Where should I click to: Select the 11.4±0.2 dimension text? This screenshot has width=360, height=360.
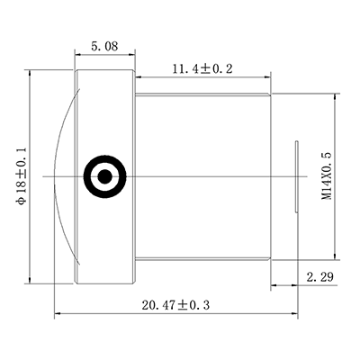pyautogui.click(x=196, y=69)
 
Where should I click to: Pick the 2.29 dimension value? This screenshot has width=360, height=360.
pyautogui.click(x=320, y=275)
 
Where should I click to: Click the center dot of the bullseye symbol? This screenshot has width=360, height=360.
pyautogui.click(x=103, y=175)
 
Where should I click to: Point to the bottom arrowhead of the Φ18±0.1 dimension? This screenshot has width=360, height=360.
pyautogui.click(x=32, y=280)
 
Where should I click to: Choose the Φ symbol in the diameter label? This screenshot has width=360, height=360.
pyautogui.click(x=20, y=202)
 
